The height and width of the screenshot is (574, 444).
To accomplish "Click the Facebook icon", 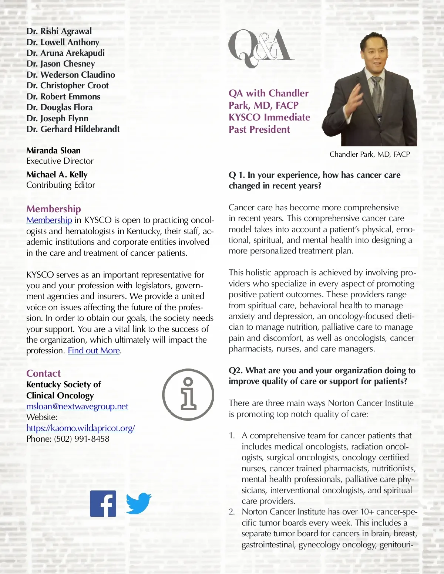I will click(x=103, y=503).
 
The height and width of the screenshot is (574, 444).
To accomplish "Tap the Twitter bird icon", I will click(x=139, y=503).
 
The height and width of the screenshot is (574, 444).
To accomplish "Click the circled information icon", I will click(x=188, y=394).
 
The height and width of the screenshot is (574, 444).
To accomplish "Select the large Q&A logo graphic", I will click(x=261, y=48).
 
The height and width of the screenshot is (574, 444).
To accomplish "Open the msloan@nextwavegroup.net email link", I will click(x=77, y=406).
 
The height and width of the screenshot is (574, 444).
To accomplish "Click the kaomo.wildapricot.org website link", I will click(x=81, y=428).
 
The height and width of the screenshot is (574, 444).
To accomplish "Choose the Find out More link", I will click(x=94, y=350).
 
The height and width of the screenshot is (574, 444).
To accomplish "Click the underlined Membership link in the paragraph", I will click(x=49, y=220).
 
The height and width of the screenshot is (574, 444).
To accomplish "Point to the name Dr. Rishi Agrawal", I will click(x=59, y=31).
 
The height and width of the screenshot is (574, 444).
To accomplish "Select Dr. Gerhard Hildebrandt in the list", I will click(x=73, y=129).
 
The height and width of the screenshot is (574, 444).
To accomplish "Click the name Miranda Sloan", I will click(x=54, y=150).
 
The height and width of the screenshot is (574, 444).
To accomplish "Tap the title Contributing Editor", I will click(x=61, y=185).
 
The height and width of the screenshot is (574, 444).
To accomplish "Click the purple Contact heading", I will click(x=43, y=373).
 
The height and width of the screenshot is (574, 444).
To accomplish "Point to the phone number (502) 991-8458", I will click(x=82, y=439).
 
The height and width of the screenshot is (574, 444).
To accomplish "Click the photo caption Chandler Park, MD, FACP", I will click(x=370, y=154).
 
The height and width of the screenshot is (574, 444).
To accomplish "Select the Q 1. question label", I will click(x=237, y=175).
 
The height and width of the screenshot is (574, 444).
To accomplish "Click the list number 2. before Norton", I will click(x=232, y=512).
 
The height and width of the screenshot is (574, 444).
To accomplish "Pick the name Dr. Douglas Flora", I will click(x=60, y=107).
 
